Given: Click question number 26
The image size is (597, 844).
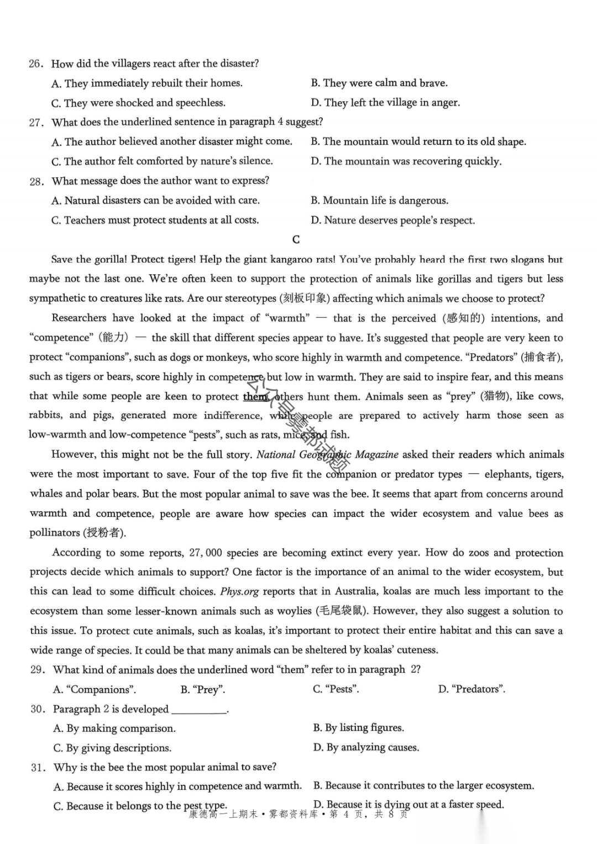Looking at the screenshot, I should click(x=36, y=64).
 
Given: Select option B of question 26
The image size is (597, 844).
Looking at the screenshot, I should click(x=379, y=83).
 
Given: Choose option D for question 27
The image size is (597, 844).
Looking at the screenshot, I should click(x=406, y=161).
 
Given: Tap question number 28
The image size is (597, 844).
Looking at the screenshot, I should click(x=36, y=181).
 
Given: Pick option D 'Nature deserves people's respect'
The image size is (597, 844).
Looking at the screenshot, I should click(x=392, y=221).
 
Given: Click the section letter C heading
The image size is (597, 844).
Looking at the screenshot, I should click(x=296, y=239).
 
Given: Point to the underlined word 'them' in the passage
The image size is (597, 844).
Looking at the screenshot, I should click(x=255, y=396).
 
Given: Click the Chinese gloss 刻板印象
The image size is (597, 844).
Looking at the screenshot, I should click(x=304, y=298).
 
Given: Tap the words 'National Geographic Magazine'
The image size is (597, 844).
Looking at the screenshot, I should click(x=327, y=454).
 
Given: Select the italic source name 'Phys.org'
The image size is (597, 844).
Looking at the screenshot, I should click(x=239, y=591).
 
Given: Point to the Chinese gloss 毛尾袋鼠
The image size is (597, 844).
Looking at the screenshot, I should click(x=342, y=611).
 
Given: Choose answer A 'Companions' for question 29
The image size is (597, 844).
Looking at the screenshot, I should click(x=95, y=689).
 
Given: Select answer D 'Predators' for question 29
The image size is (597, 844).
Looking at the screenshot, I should click(x=472, y=689).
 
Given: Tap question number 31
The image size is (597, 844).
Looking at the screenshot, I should click(x=38, y=767).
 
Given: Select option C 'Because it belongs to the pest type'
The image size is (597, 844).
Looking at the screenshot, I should click(x=140, y=806).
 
